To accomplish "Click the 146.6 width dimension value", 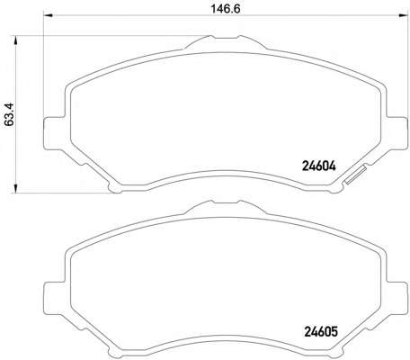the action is click(x=226, y=9).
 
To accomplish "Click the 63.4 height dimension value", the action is click(x=9, y=114).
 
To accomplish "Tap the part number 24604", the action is click(x=319, y=166).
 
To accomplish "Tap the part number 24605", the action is click(x=321, y=331).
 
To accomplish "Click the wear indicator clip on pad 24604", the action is click(x=355, y=175).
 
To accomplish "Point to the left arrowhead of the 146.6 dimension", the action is click(x=49, y=15).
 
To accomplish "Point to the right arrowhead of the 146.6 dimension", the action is click(x=403, y=15).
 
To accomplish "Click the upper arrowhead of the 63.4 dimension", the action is click(x=15, y=40).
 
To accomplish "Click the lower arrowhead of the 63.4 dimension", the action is click(x=15, y=188).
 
